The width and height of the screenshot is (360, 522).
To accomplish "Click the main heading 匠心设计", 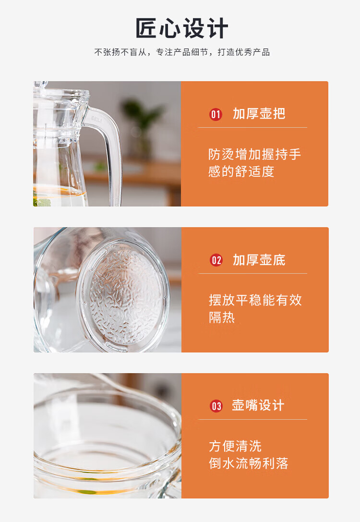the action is coord(181,29).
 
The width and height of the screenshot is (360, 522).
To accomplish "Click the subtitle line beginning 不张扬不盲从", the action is coord(182,52).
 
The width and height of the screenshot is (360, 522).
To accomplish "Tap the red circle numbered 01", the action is coord(216,114).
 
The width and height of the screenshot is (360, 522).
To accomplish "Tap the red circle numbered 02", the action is coord(216,260).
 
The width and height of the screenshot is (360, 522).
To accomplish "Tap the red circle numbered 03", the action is coord(216,406).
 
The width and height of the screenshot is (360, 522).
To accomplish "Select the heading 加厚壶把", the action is coord(259,114).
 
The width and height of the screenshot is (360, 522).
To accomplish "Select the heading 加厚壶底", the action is coord(259,260).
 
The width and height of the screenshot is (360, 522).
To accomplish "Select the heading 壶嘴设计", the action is coord(258,405).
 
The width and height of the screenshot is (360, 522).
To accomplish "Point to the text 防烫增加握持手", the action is coord(254,155).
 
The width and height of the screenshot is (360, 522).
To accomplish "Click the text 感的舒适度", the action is coord(241,172).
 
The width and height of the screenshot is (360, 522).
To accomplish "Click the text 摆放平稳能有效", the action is coord(255,300).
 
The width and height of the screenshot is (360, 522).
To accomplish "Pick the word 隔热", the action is coord(222,317).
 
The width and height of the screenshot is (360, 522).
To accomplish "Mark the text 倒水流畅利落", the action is coord(249,463).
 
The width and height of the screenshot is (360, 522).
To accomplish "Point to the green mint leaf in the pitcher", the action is coord(42,201).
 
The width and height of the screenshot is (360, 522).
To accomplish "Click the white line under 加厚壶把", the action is coord(252,128).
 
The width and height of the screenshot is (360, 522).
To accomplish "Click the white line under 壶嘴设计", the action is coord(252,419).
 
